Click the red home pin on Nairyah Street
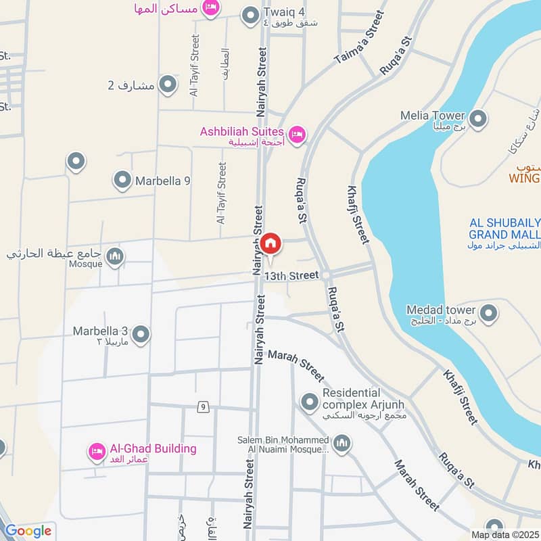(271, 244)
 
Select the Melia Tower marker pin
(479, 120)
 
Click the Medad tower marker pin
(488, 314)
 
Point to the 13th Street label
(291, 276)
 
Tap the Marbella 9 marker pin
(122, 181)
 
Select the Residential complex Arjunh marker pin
(310, 402)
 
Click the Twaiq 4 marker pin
(251, 14)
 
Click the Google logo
(28, 531)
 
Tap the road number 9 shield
(202, 406)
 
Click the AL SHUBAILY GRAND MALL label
(505, 229)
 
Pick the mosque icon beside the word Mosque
(116, 256)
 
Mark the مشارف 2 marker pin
(168, 85)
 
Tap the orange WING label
(525, 179)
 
